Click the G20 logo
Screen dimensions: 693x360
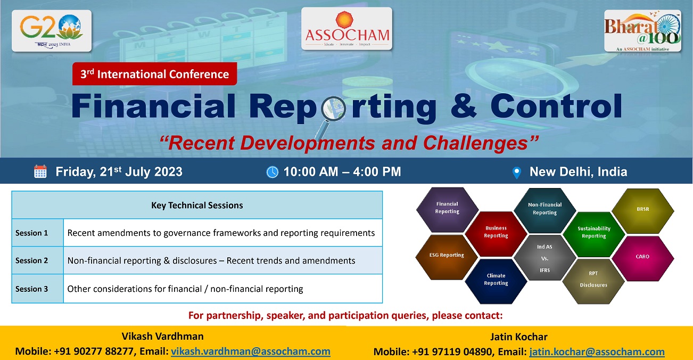pyautogui.click(x=52, y=31)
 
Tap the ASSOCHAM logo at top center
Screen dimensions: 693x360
pyautogui.click(x=346, y=29)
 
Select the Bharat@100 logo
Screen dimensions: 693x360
pyautogui.click(x=642, y=31)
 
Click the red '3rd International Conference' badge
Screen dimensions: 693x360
pyautogui.click(x=155, y=73)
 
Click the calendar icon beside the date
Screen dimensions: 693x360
pyautogui.click(x=40, y=171)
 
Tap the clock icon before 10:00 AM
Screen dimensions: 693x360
pyautogui.click(x=273, y=172)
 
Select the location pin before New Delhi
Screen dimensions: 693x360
pyautogui.click(x=517, y=173)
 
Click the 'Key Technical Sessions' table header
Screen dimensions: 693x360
pyautogui.click(x=197, y=205)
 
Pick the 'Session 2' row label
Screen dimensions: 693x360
pyautogui.click(x=32, y=260)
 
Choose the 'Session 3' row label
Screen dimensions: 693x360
pyautogui.click(x=32, y=289)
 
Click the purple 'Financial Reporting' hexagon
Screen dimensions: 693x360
pyautogui.click(x=447, y=210)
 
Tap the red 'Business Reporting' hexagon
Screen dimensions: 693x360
pyautogui.click(x=496, y=234)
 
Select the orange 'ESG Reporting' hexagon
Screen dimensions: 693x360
pyautogui.click(x=447, y=257)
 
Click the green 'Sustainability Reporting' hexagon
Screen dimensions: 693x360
pyautogui.click(x=593, y=234)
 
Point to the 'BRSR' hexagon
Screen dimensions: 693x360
pyautogui.click(x=643, y=211)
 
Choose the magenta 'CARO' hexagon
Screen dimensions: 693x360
pyautogui.click(x=643, y=258)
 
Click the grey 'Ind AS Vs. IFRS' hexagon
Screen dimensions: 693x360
pyautogui.click(x=545, y=258)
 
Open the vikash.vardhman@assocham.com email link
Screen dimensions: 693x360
pyautogui.click(x=251, y=351)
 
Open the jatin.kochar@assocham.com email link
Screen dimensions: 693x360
pyautogui.click(x=597, y=351)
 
